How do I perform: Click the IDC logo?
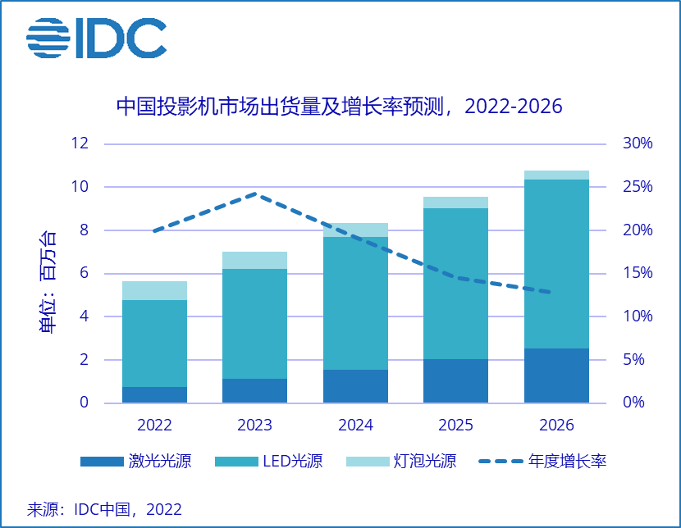tap(96, 38)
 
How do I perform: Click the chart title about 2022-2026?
tap(339, 107)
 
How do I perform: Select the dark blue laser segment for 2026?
tap(556, 376)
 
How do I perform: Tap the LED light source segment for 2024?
tap(355, 303)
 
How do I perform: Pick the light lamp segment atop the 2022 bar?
tap(154, 290)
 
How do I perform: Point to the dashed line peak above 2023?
tap(255, 194)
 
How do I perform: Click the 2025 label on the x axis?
tap(455, 426)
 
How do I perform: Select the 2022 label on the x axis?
tap(154, 426)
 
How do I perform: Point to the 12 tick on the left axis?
tap(80, 143)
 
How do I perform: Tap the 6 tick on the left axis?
tap(84, 273)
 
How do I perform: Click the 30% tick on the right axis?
tap(638, 143)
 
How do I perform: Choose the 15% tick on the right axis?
tap(638, 273)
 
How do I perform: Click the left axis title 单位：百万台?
tap(48, 283)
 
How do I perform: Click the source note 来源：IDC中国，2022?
tap(104, 509)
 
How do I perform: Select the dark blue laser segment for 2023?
tap(255, 390)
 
